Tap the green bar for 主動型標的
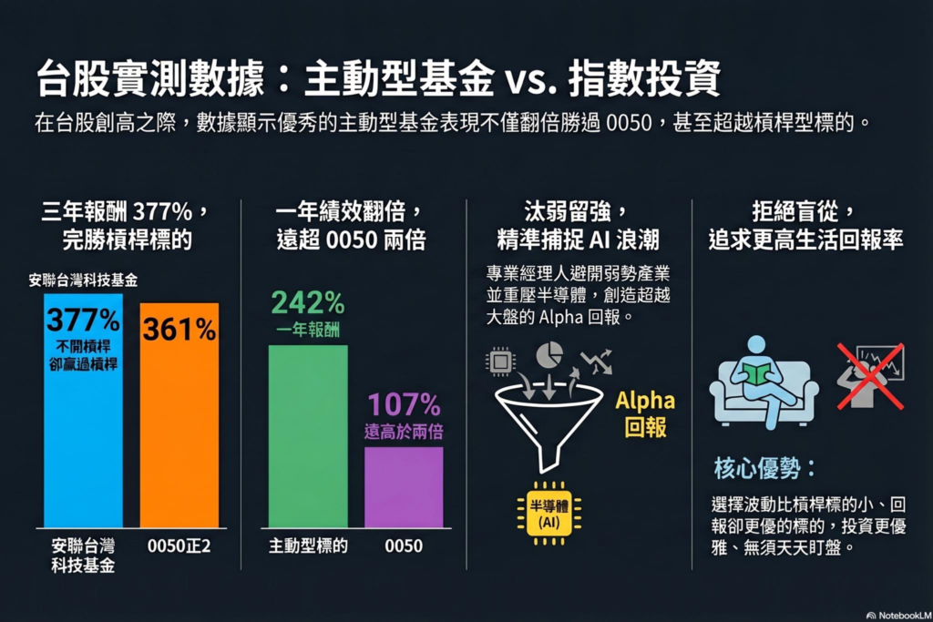[308, 437]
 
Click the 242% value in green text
[308, 301]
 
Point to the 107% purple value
[404, 405]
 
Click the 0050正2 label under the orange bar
[179, 546]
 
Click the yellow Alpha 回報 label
[645, 414]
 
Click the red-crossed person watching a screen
[870, 375]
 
